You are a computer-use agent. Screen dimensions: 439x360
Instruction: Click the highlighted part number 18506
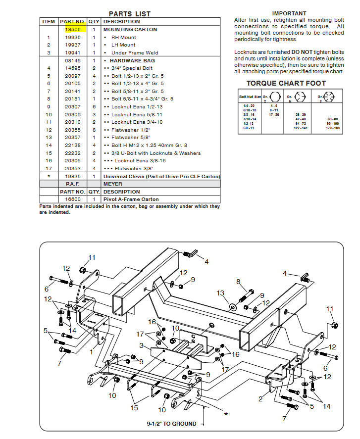point(73,30)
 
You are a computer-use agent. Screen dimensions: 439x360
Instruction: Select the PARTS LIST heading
point(130,14)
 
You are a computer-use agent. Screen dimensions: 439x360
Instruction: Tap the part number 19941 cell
point(73,52)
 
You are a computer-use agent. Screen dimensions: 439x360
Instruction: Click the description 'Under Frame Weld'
point(135,52)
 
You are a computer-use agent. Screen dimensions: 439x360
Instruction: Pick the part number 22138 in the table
point(73,146)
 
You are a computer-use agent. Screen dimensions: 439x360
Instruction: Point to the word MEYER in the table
point(113,184)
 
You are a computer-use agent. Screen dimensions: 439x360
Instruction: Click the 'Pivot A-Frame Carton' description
point(131,199)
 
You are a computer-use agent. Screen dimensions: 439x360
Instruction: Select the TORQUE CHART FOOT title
point(286,84)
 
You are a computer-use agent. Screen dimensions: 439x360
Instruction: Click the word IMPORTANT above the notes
point(289,13)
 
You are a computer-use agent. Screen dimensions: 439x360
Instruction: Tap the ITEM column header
point(49,22)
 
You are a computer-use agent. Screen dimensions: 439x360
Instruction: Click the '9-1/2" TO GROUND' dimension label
point(171,424)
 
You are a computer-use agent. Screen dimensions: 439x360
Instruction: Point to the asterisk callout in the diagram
point(226,413)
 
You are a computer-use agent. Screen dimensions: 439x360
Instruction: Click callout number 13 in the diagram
point(221,293)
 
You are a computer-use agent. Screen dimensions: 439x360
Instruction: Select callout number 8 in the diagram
point(238,282)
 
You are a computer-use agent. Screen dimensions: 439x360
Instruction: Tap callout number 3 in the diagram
point(142,345)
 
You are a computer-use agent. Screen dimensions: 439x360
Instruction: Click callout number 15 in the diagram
point(134,408)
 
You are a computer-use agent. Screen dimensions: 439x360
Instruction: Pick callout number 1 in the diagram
point(91,352)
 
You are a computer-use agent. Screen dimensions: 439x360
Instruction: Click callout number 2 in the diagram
point(260,399)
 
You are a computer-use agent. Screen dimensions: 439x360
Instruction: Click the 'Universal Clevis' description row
point(161,177)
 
